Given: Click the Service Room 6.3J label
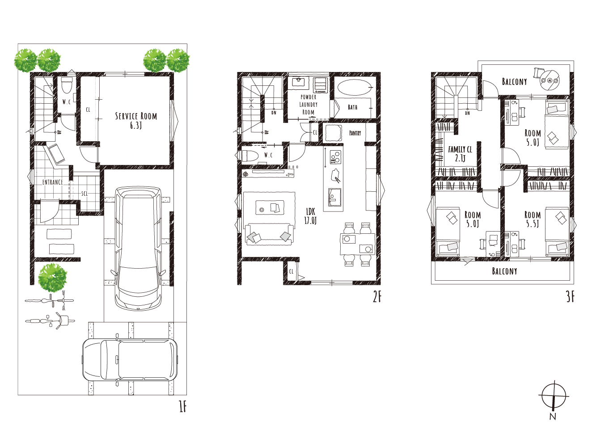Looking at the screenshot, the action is coord(136,120).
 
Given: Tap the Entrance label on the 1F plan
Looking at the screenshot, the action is coord(53,182).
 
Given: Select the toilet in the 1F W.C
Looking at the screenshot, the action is coord(67,85).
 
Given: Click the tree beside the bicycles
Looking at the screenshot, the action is coord(52,278).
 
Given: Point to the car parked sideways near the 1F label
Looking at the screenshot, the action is coord(130,360).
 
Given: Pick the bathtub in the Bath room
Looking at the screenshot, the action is coord(354,87).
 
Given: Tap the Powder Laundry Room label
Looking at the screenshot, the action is coord(308,105).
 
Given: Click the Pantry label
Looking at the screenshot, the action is coord(355,133).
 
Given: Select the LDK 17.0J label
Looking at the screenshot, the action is coord(310,216).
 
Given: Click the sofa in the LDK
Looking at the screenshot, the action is coord(269,234).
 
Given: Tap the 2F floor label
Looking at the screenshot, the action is coord(377,297).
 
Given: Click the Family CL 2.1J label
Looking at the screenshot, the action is coord(460,153).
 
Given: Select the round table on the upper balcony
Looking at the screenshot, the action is coord(550,80).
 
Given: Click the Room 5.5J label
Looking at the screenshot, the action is coord(533,219).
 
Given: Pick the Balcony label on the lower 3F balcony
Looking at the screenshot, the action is coord(504,271).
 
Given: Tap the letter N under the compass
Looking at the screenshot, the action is coord(553,416).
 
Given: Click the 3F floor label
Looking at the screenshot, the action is coord(571,297).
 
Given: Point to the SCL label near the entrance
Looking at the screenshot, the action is coord(85,194).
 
